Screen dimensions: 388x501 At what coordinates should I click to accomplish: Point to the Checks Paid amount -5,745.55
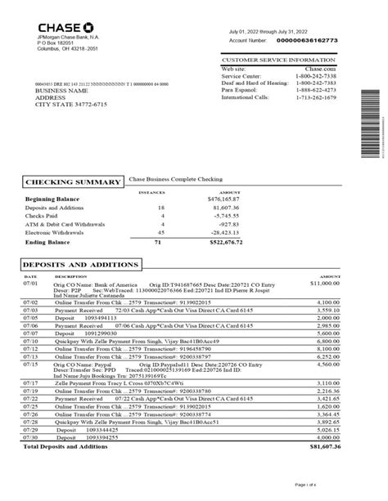[246, 214]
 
